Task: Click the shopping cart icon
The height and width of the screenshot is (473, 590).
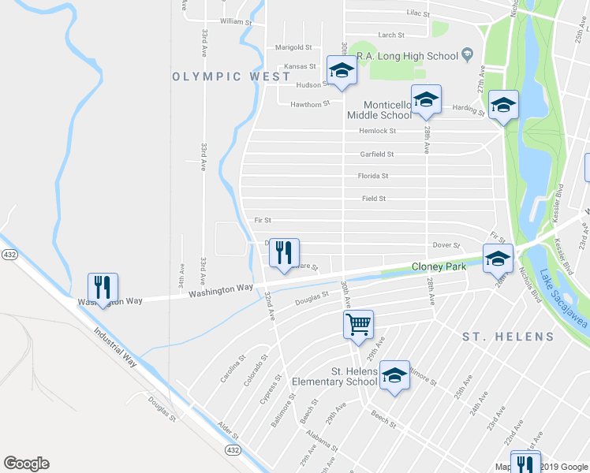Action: [x=358, y=324]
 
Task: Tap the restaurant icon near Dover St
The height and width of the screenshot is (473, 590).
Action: [x=284, y=253]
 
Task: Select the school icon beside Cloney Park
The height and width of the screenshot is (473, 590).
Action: [x=498, y=259]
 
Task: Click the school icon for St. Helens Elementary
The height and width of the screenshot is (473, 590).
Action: [x=394, y=375]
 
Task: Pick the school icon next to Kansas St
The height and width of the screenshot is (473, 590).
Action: [x=342, y=70]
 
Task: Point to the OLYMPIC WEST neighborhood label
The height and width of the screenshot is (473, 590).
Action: [x=221, y=76]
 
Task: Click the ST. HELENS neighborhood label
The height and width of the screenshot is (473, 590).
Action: [x=508, y=337]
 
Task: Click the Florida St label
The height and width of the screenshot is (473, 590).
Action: [x=373, y=176]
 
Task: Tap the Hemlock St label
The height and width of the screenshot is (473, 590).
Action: [x=376, y=131]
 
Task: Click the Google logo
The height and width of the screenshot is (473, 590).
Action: [x=26, y=464]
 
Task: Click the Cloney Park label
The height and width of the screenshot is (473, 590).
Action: [x=439, y=266]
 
